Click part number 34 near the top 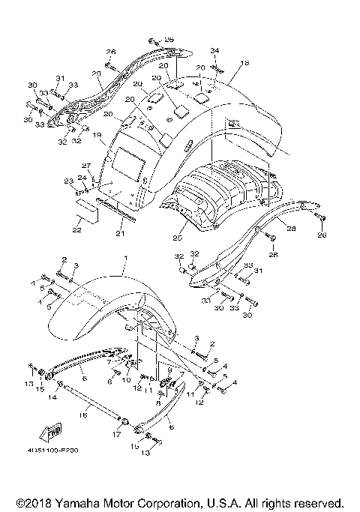pyautogui.click(x=215, y=50)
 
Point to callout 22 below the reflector pyautogui.click(x=76, y=230)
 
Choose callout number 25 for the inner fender pyautogui.click(x=177, y=238)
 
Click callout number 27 pyautogui.click(x=86, y=166)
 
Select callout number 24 pyautogui.click(x=82, y=178)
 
